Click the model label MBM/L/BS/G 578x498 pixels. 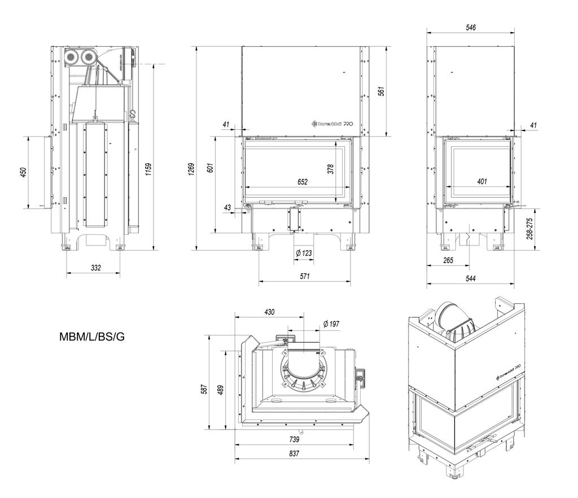click(92, 337)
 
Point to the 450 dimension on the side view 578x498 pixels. click(23, 172)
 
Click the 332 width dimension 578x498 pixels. click(95, 268)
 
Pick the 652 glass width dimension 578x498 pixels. click(302, 182)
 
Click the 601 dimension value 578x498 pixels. click(211, 167)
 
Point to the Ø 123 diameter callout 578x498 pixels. click(303, 253)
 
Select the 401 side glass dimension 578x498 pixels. click(481, 182)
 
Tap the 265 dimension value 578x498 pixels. click(448, 260)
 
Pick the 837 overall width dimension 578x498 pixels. click(294, 453)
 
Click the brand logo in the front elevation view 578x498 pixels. click(332, 124)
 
